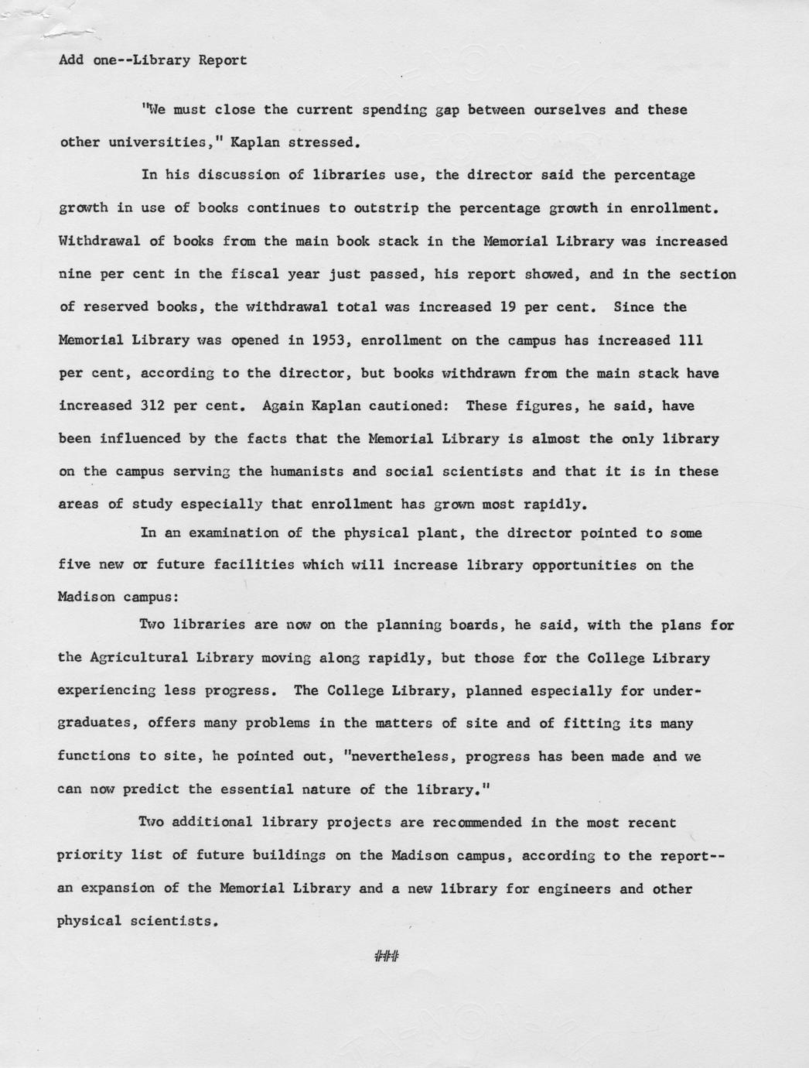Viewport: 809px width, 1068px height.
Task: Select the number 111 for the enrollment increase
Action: click(x=690, y=340)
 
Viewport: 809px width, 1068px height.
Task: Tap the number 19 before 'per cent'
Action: click(x=508, y=306)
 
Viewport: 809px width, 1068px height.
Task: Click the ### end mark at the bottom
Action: click(x=386, y=957)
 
